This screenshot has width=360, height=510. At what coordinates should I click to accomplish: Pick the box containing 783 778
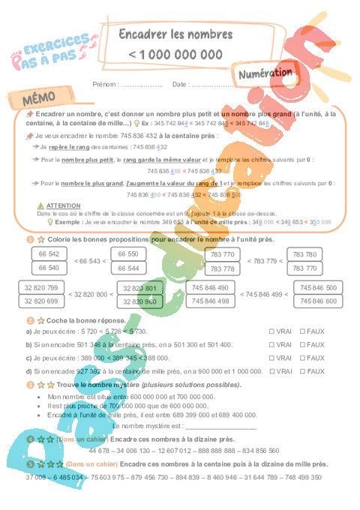click(x=223, y=268)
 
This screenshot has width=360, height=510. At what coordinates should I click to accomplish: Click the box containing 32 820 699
click(x=41, y=301)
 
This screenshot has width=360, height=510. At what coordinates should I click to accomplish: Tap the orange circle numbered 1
click(x=29, y=239)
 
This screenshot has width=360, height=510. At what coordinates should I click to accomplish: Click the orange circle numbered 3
click(x=29, y=384)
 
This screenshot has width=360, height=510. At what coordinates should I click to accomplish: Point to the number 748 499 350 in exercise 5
click(x=299, y=477)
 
